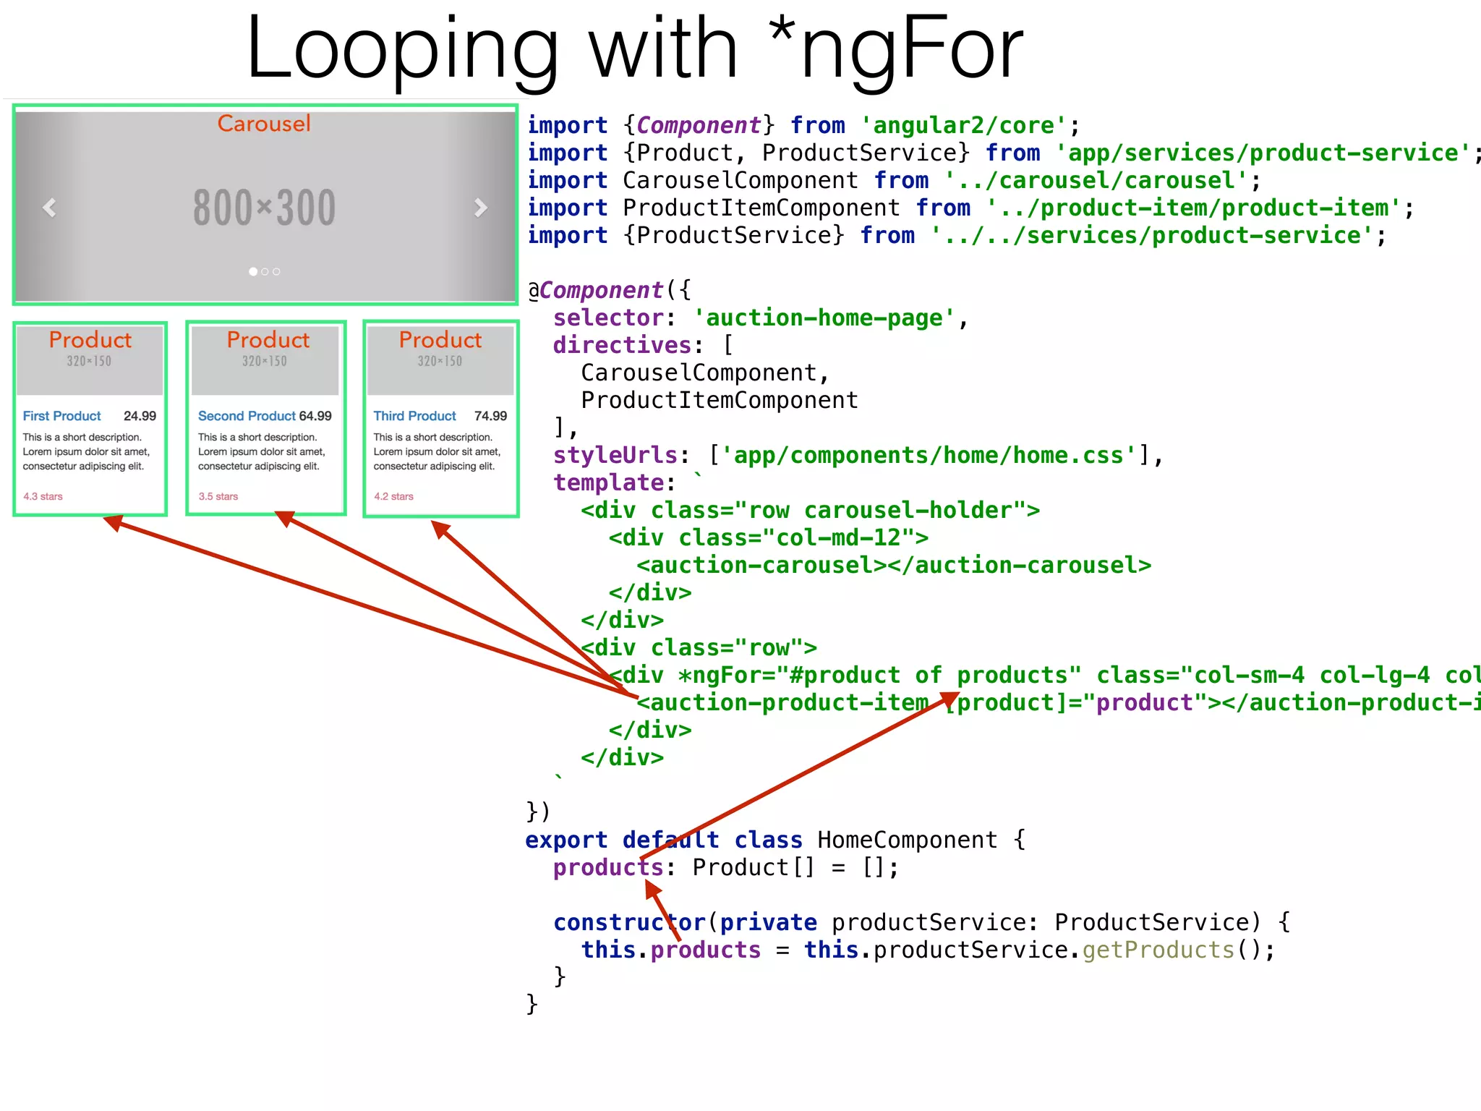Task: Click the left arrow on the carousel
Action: pos(49,208)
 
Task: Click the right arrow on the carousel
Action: pos(480,208)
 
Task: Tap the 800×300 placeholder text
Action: pos(265,208)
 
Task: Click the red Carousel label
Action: pos(264,124)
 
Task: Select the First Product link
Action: pos(62,416)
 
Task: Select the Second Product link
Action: pos(247,416)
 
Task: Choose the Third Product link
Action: pos(414,416)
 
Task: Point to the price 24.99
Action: pos(140,416)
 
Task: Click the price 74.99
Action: pos(490,416)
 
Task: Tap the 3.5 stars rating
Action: pos(218,496)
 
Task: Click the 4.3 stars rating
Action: pos(43,496)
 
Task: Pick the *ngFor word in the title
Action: pos(897,51)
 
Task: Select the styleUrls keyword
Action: pos(615,456)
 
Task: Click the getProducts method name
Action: pos(1158,950)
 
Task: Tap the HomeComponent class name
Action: pos(907,840)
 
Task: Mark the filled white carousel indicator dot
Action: pos(253,272)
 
